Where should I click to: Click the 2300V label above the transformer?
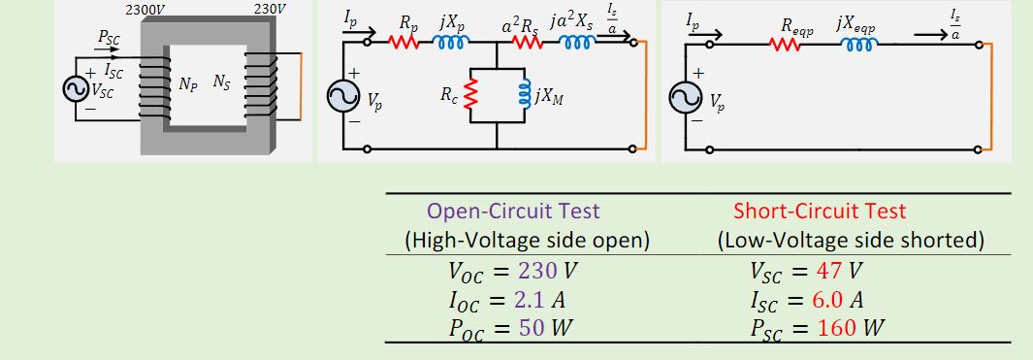(x=146, y=10)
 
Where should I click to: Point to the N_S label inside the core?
(x=221, y=83)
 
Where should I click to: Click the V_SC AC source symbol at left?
(x=75, y=88)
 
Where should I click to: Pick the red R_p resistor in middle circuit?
(x=403, y=43)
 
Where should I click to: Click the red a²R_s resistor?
(x=528, y=43)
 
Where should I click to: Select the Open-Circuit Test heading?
(x=513, y=211)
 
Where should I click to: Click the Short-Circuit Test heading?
(x=820, y=211)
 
